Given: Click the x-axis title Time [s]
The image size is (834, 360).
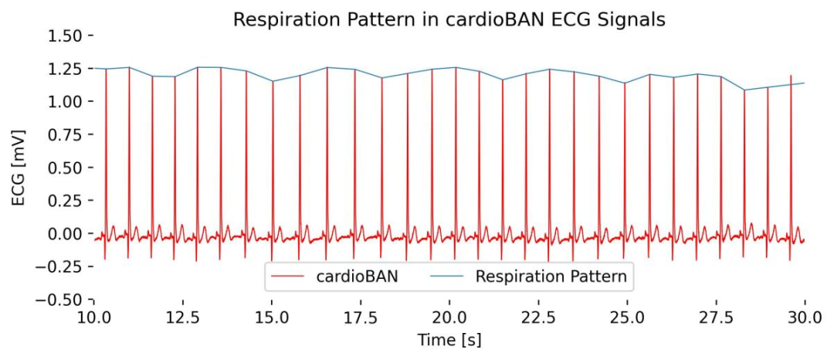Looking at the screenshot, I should [x=449, y=340].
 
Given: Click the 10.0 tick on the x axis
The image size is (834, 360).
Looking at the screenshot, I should [x=93, y=318].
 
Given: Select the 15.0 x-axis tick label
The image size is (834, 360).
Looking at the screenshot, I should [x=271, y=318].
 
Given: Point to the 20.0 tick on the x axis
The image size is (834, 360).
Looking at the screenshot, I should [x=449, y=318].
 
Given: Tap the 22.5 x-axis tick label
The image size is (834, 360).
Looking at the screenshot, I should [x=538, y=318].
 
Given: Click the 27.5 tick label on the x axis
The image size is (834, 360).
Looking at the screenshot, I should [x=716, y=318].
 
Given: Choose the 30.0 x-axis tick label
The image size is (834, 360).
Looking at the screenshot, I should [x=805, y=318].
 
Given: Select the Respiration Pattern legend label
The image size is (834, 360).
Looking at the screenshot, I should [x=551, y=276].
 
